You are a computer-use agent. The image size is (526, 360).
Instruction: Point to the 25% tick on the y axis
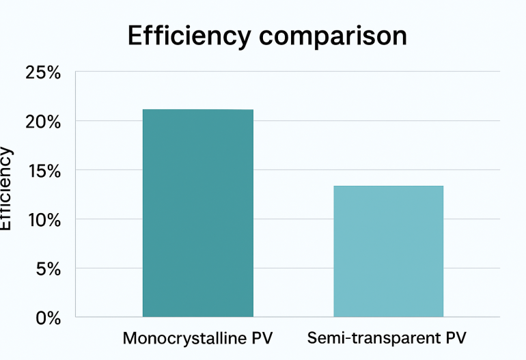tap(43, 72)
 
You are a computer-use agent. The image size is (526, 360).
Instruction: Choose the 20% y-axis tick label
tap(43, 122)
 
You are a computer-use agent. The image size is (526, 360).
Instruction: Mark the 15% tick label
tap(43, 171)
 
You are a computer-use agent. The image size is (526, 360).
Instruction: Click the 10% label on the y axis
tap(43, 220)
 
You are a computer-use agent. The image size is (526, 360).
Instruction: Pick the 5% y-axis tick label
tap(48, 269)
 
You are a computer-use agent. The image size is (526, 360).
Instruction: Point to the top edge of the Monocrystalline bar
tap(197, 110)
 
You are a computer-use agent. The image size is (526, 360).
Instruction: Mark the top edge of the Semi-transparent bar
tap(388, 186)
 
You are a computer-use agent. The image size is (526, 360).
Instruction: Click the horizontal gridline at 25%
tap(287, 72)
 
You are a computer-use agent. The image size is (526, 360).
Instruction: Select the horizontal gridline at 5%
tap(287, 268)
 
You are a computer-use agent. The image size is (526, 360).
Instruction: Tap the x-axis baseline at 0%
tap(287, 317)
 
